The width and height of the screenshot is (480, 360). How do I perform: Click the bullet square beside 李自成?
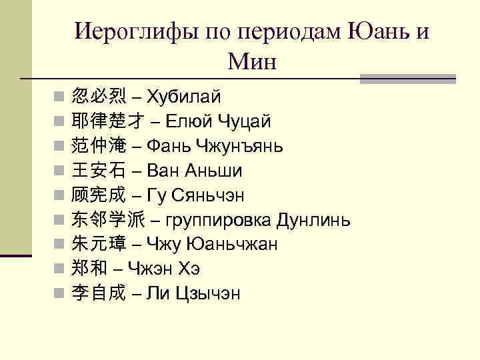pos(59,294)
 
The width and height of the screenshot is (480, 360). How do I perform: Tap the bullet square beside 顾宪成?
pos(59,195)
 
